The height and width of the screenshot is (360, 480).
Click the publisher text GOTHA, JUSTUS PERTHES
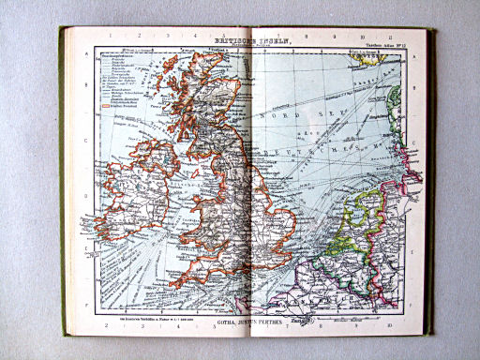(x=247, y=321)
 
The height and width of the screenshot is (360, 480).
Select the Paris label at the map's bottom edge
(x=301, y=321)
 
